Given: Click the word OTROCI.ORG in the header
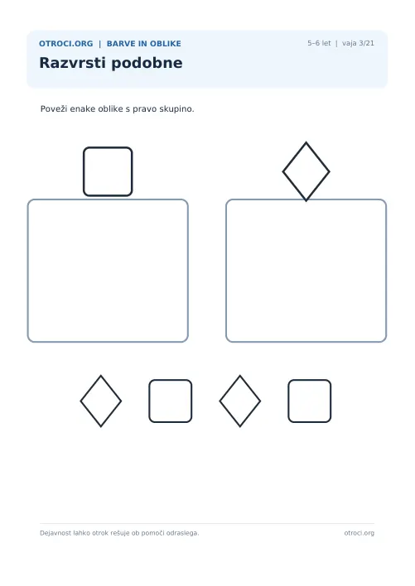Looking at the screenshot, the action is click(x=65, y=44).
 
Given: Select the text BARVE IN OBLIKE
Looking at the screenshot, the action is click(x=144, y=44).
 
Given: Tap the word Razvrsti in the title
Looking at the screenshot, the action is click(x=73, y=63).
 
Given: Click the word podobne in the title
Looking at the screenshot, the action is click(x=147, y=63).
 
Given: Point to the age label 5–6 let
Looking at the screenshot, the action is click(x=319, y=43).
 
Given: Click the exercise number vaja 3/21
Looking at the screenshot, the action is click(x=358, y=43).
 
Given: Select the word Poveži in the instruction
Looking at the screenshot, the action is click(x=54, y=108).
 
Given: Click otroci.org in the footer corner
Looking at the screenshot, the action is click(x=360, y=533).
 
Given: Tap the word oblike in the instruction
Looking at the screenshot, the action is click(x=110, y=108).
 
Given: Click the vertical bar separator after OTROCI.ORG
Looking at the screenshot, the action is click(x=100, y=44).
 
